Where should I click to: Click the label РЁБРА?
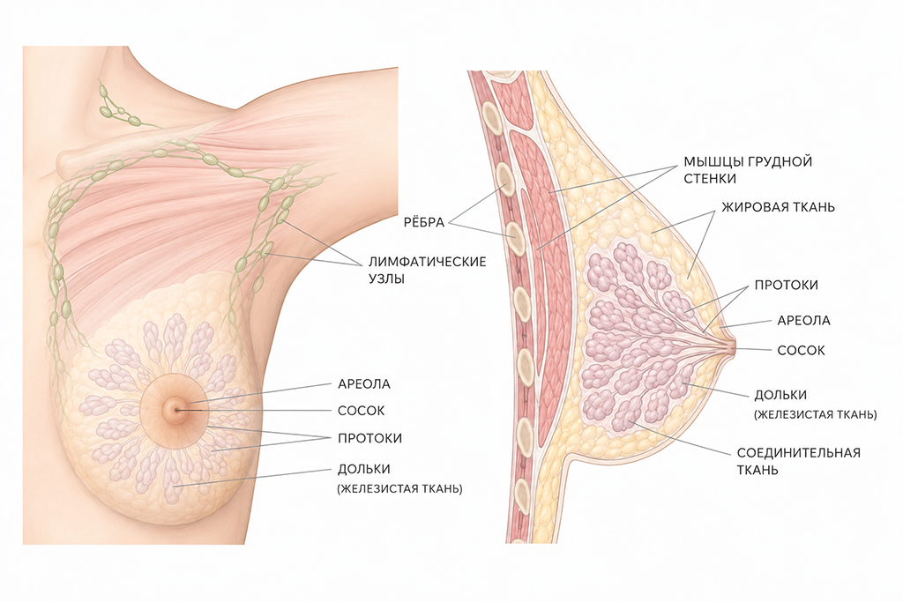coord(424,222)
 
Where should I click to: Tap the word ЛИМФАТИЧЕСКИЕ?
coord(428,262)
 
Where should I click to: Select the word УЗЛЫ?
coord(386,279)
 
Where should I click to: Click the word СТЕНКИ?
coord(710,179)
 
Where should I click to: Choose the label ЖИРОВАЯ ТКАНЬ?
coord(778,207)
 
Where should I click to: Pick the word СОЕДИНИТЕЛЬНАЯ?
coord(799,453)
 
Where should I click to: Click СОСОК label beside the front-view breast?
coord(361,411)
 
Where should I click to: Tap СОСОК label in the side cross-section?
coord(801,351)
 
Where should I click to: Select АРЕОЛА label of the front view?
coord(364,384)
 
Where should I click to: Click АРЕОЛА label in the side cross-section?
coord(804,321)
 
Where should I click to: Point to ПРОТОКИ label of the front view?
coord(369,439)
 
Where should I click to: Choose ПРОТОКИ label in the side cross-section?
coord(786,286)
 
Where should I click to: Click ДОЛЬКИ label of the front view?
coord(364,470)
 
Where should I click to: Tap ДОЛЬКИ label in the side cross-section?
coord(780,396)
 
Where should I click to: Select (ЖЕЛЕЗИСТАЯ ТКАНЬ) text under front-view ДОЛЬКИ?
coord(399,489)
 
